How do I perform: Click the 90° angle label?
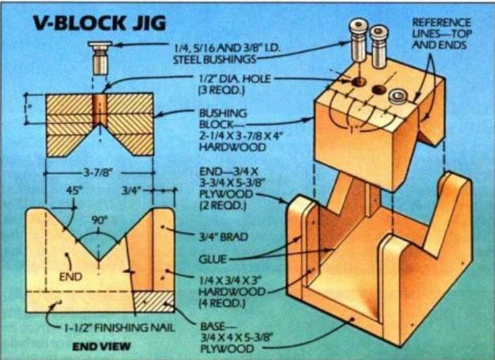click(x=99, y=221)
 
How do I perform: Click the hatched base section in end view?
click(x=154, y=302)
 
